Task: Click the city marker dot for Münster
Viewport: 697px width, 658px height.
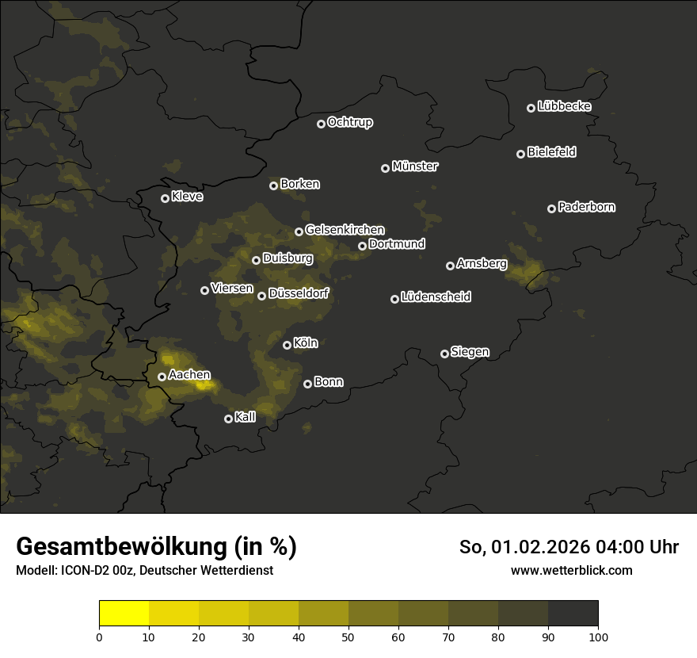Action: tap(385, 168)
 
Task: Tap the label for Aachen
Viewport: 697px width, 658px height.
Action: tap(189, 374)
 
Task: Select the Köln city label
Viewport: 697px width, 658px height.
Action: tap(305, 343)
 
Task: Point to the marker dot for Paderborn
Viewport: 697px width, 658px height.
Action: tap(551, 208)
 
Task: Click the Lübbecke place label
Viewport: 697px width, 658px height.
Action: tap(564, 106)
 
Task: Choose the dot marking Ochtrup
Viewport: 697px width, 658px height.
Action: tap(321, 124)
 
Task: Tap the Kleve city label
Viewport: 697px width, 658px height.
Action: tap(187, 197)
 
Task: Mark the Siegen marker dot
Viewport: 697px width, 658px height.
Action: tap(444, 354)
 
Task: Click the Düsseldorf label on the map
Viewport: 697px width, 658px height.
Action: tap(298, 294)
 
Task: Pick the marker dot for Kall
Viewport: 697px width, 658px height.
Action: tap(228, 419)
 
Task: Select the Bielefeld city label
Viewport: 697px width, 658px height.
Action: tap(551, 152)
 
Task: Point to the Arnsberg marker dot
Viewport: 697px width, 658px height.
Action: tap(450, 266)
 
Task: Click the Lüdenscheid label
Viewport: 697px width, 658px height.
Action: tap(436, 297)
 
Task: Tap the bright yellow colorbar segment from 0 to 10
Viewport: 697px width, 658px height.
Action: tap(124, 614)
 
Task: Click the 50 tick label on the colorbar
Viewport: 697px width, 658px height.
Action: tap(348, 637)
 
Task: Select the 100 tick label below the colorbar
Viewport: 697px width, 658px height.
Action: tap(597, 637)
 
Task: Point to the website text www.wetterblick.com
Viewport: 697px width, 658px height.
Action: tap(571, 570)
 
